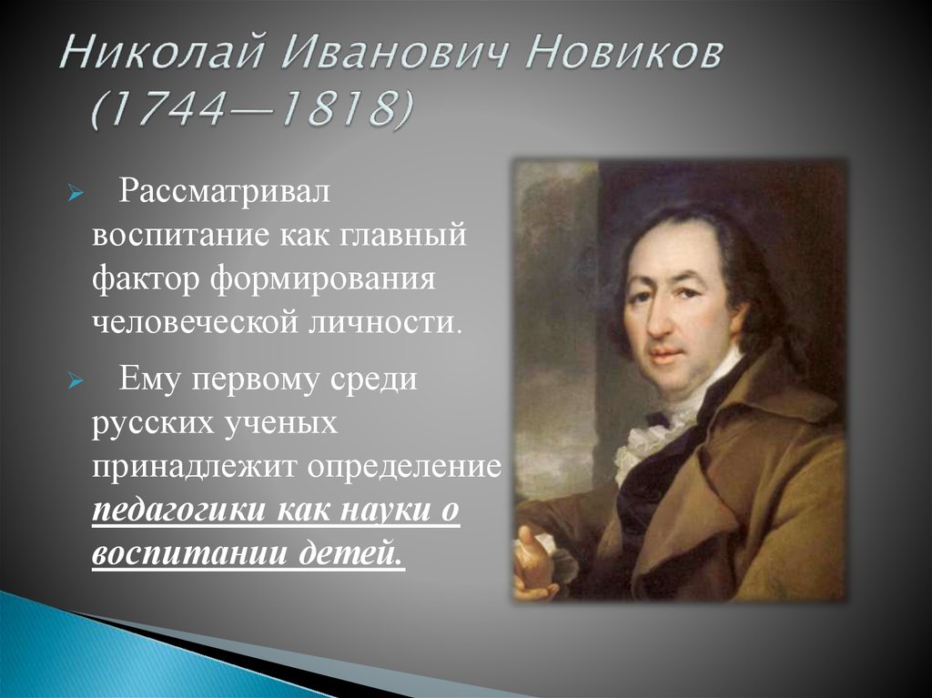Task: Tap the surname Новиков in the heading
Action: (x=624, y=52)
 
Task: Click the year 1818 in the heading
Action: (x=332, y=109)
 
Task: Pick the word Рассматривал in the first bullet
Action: (x=224, y=191)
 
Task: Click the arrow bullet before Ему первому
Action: (x=74, y=381)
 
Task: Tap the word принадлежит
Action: (x=194, y=468)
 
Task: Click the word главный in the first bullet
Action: (x=403, y=236)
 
